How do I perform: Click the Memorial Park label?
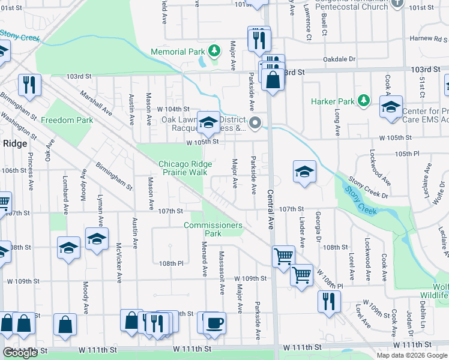178,52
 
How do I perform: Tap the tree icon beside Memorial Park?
213,50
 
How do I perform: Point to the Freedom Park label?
67,120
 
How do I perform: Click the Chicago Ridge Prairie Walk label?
182,168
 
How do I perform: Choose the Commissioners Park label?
213,229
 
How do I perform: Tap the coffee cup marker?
214,325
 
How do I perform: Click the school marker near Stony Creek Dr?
304,172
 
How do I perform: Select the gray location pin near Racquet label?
255,124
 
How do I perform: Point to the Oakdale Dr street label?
339,59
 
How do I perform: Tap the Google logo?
20,353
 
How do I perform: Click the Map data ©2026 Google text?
412,355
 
